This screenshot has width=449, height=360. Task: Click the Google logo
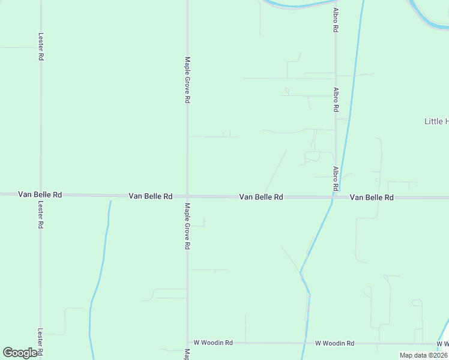pyautogui.click(x=20, y=353)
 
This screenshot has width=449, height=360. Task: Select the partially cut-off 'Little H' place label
pyautogui.click(x=436, y=121)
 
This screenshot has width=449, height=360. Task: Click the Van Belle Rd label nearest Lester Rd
pyautogui.click(x=40, y=194)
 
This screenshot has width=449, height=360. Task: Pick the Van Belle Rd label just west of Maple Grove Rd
pyautogui.click(x=151, y=196)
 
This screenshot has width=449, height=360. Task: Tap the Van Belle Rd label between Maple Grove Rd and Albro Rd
pyautogui.click(x=261, y=197)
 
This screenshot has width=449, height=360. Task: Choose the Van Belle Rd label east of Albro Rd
pyautogui.click(x=372, y=197)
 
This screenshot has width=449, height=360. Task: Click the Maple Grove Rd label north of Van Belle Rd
pyautogui.click(x=187, y=80)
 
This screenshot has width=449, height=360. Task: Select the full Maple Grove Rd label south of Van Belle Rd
pyautogui.click(x=187, y=226)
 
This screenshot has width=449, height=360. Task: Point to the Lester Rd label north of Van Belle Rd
pyautogui.click(x=41, y=46)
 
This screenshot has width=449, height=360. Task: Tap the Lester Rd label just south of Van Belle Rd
pyautogui.click(x=41, y=214)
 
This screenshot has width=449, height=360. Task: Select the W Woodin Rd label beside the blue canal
pyautogui.click(x=334, y=343)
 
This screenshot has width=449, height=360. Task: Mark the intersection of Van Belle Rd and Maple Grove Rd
pyautogui.click(x=187, y=196)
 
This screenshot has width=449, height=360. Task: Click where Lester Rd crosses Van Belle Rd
pyautogui.click(x=41, y=194)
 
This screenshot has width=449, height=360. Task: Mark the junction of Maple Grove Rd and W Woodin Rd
pyautogui.click(x=187, y=343)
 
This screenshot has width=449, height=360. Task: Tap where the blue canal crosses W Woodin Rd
pyautogui.click(x=307, y=343)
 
